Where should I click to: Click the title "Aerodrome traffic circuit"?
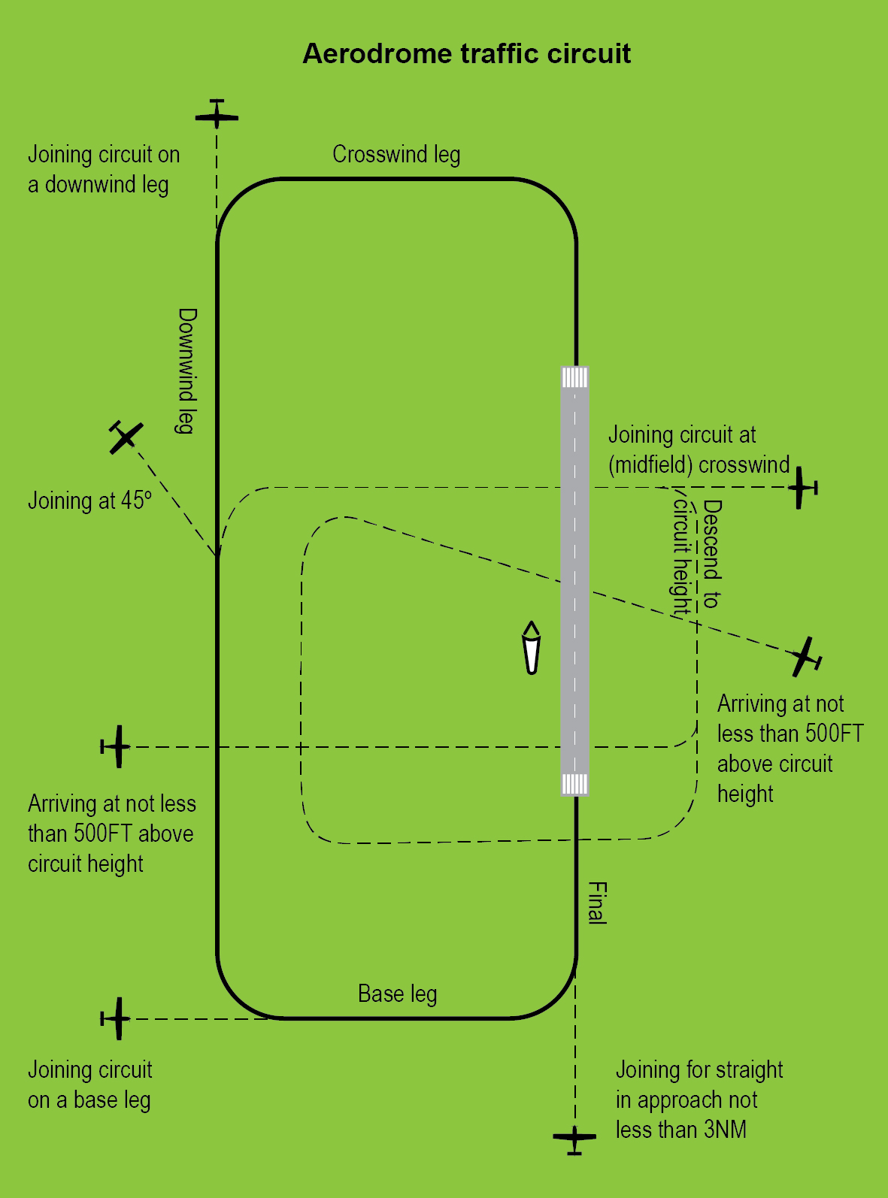[466, 54]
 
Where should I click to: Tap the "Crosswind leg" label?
[396, 155]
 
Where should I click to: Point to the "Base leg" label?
[397, 994]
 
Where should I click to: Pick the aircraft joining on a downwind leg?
[217, 115]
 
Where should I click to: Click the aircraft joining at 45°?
[125, 437]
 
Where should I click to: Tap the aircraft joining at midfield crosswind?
[802, 488]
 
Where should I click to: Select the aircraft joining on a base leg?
[116, 1018]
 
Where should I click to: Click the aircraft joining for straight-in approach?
[574, 1138]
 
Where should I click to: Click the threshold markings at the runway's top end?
[575, 377]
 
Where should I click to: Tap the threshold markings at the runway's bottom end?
[575, 784]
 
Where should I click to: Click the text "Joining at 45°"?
[89, 501]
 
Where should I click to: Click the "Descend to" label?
[711, 554]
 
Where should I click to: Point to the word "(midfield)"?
[650, 465]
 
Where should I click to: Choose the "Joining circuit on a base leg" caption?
[89, 1085]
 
